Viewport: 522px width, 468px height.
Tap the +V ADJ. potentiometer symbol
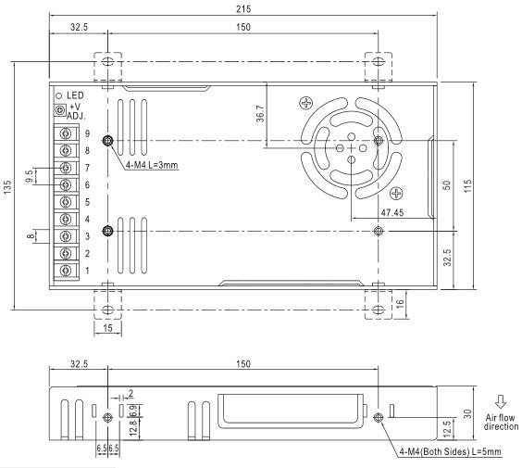pos(61,110)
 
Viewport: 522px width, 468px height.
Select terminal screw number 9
pos(67,134)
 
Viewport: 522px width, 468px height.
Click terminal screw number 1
pos(67,270)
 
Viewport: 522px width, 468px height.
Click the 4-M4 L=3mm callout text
pos(151,165)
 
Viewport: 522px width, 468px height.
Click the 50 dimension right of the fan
pos(446,184)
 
